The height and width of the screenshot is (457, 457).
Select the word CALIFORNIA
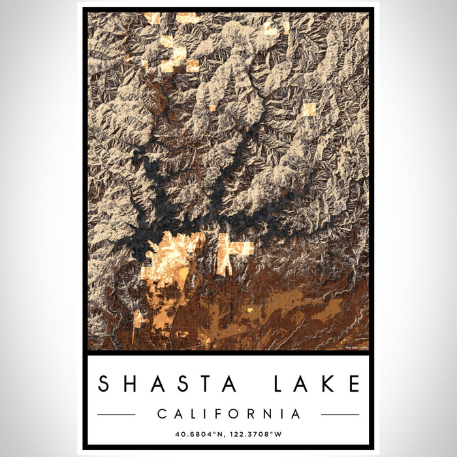(228, 414)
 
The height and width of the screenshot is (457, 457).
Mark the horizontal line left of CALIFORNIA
(116, 415)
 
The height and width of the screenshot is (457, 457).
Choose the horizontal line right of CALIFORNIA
(340, 415)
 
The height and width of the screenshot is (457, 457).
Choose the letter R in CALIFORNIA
(251, 414)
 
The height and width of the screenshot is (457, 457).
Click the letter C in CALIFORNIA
(161, 414)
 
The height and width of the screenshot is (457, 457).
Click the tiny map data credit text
(356, 347)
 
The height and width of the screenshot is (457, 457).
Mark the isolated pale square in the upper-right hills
(309, 109)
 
